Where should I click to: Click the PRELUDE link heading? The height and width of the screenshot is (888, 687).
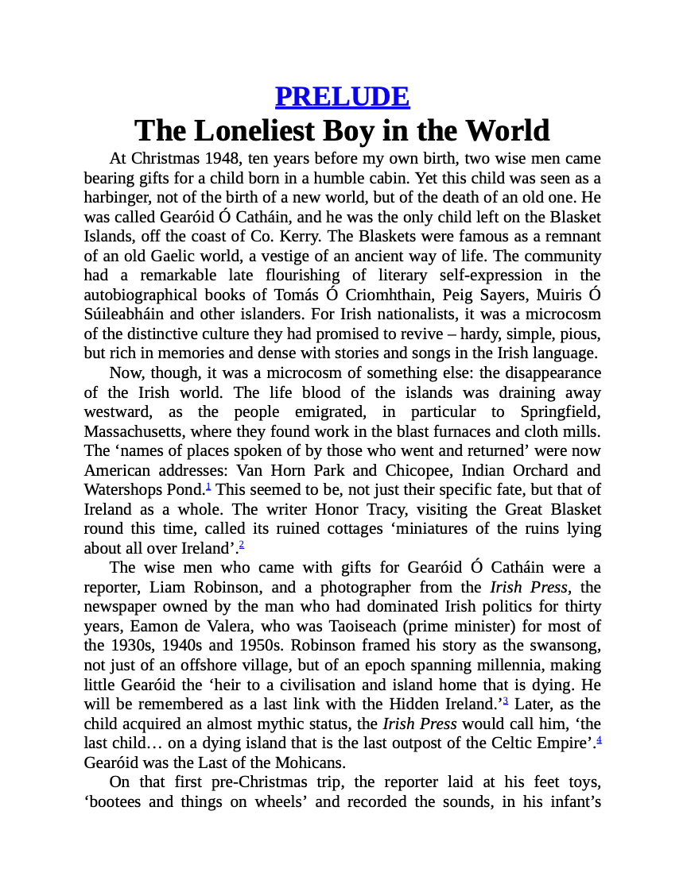coord(342,96)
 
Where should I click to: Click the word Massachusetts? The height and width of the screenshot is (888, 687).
coord(134,432)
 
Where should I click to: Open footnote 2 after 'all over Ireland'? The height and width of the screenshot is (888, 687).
coord(241,545)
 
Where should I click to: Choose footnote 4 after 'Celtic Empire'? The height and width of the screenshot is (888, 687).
coord(598,740)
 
